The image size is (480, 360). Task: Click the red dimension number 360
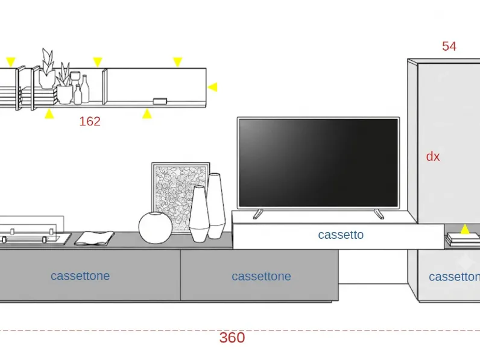[x=232, y=338]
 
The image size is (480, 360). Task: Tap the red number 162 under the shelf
[x=90, y=122]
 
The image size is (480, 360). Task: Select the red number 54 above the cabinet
[x=449, y=46]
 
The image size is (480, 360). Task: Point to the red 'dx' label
[x=433, y=156]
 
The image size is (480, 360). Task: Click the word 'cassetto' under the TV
[x=341, y=235]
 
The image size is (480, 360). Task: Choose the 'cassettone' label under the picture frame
[x=261, y=276]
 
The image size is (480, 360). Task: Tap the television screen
[x=318, y=163]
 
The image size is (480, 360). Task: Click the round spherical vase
[x=155, y=228]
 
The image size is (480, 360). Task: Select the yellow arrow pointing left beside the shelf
[x=212, y=87]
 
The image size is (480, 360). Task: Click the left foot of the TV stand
[x=257, y=214]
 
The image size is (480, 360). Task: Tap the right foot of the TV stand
[x=379, y=214]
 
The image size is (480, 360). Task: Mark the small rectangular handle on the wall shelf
[x=160, y=101]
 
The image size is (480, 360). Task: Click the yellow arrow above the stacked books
[x=465, y=229]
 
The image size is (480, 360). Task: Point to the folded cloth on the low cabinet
[x=94, y=238]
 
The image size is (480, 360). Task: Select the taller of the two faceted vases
[x=216, y=205]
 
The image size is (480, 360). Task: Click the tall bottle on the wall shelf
[x=85, y=89]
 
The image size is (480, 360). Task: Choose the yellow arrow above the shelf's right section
[x=177, y=62]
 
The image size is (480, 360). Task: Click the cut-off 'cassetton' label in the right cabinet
[x=454, y=277]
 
